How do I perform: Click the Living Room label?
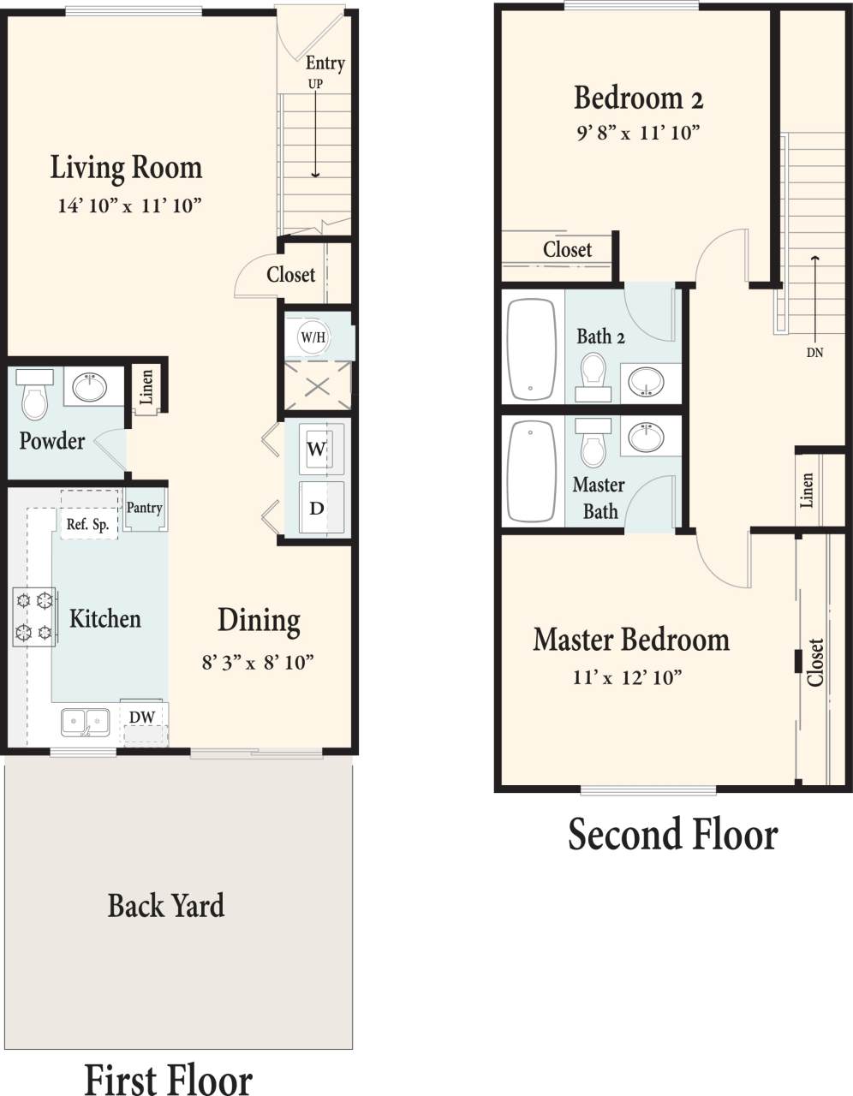pos(126,167)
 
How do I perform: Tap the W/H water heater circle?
pos(313,337)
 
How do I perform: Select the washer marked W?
pos(317,449)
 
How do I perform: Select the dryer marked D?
pos(317,508)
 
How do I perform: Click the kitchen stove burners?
pos(33,616)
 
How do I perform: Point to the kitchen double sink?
pos(85,722)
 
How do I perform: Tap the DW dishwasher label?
pos(142,717)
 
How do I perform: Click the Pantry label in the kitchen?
pos(144,508)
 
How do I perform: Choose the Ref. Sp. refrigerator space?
pos(88,524)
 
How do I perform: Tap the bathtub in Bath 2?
pos(532,349)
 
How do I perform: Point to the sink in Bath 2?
pos(646,381)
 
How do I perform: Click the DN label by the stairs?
pos(814,352)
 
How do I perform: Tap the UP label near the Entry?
pos(316,84)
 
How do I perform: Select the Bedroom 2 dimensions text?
pos(638,133)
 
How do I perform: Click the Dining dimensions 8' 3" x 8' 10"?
pos(258,662)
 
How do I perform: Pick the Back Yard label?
pos(166,905)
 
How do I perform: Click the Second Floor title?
pos(673,834)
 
